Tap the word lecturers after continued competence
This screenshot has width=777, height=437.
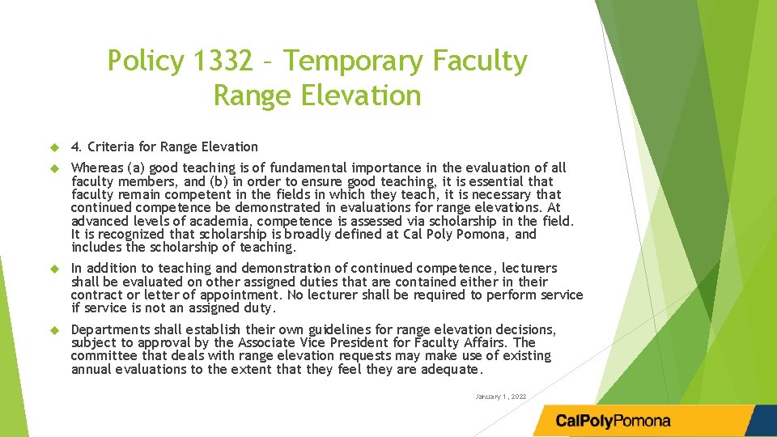(529, 268)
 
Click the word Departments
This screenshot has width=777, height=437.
(111, 329)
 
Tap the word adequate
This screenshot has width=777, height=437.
(451, 370)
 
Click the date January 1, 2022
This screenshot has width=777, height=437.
(501, 397)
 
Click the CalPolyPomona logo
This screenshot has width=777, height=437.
(613, 421)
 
